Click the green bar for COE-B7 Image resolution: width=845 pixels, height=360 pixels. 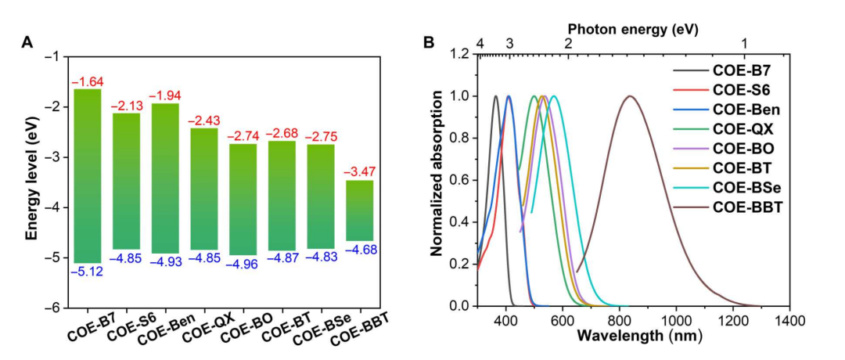[88, 176]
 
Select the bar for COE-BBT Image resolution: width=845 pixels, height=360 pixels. [359, 211]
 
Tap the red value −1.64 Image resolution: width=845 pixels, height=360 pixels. [88, 81]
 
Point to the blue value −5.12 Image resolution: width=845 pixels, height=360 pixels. [88, 272]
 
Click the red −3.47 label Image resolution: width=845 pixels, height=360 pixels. [359, 172]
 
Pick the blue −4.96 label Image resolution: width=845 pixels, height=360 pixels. [243, 264]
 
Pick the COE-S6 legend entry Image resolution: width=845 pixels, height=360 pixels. [740, 88]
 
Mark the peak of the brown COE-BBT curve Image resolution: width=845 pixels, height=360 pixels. [629, 96]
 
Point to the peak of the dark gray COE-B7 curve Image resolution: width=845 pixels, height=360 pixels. [495, 96]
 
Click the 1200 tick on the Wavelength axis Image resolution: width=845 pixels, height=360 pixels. [732, 319]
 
